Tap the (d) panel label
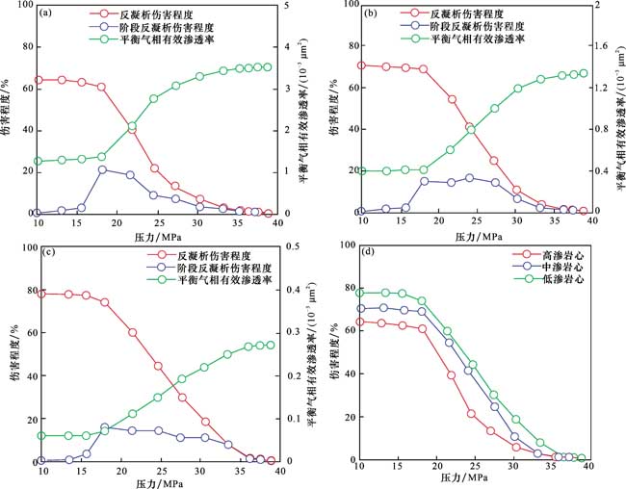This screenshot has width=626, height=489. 367,253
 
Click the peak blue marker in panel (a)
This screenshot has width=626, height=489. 102,169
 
